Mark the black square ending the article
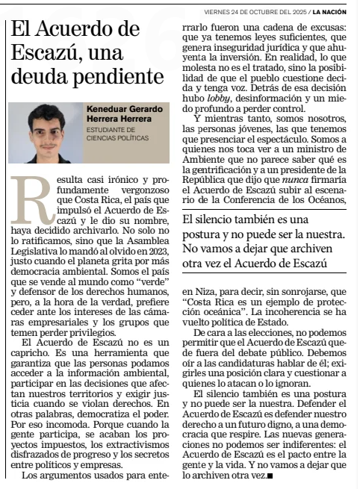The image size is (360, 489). [270, 476]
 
